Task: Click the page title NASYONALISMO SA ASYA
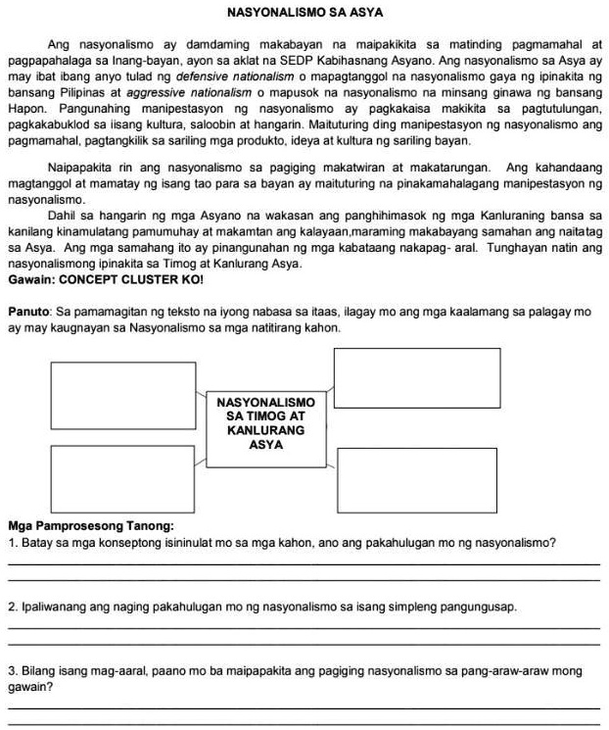pos(304,13)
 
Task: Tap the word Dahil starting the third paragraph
pos(65,215)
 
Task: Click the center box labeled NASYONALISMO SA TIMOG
pos(265,423)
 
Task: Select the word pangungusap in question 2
pos(478,607)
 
